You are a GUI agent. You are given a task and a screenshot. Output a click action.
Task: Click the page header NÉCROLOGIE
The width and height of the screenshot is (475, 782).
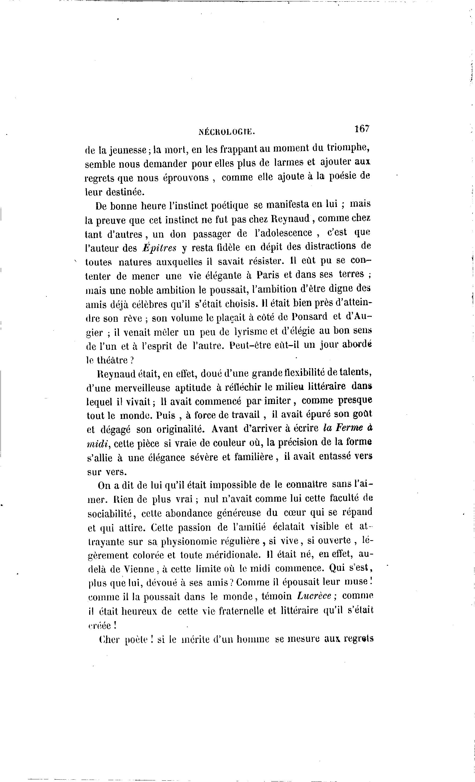227,132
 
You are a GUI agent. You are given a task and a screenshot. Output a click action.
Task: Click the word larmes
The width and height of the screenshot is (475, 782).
287,163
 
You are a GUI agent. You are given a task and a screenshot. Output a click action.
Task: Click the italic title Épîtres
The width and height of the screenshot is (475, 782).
159,248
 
